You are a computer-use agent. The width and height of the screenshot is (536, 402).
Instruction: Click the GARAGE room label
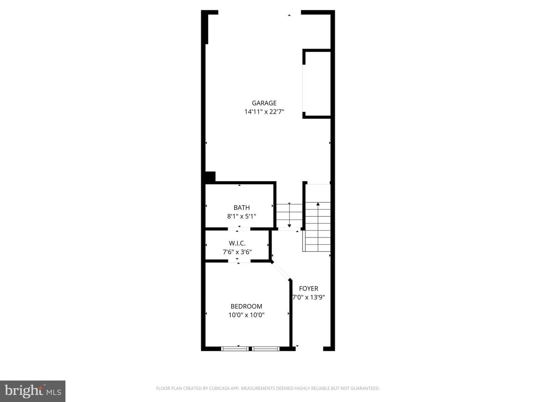pos(264,103)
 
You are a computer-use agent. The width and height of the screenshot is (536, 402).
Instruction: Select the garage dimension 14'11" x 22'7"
pos(264,112)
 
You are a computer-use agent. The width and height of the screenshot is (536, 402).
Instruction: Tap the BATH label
pos(242,207)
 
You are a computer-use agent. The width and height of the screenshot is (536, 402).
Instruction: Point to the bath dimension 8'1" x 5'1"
pos(242,216)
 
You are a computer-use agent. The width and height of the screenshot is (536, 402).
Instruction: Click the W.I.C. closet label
pos(237,243)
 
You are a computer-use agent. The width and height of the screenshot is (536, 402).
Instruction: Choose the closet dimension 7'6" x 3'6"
pos(237,252)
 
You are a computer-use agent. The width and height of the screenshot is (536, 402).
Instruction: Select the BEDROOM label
pos(246,306)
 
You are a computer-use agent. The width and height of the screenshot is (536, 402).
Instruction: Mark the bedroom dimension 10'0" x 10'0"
pos(246,315)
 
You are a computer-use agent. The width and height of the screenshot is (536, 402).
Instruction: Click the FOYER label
pos(309,288)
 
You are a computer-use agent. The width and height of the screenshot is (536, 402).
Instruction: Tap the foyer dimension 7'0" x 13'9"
pos(309,297)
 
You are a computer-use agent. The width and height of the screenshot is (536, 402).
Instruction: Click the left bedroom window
pos(234,348)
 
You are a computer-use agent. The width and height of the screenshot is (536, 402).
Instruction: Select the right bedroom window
pos(266,348)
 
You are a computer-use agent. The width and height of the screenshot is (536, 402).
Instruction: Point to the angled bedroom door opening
pos(281,271)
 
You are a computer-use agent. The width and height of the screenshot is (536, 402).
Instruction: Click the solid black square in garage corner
pos(210,176)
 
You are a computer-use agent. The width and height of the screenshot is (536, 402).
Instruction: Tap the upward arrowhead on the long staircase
pos(318,204)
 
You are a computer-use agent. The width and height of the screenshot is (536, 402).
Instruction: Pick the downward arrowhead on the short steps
pos(289,226)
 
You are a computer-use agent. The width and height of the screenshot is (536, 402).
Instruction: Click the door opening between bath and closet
pos(239,229)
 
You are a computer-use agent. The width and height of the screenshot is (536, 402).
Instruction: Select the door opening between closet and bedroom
pos(239,261)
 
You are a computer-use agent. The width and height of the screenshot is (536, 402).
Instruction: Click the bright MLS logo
pos(33,391)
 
